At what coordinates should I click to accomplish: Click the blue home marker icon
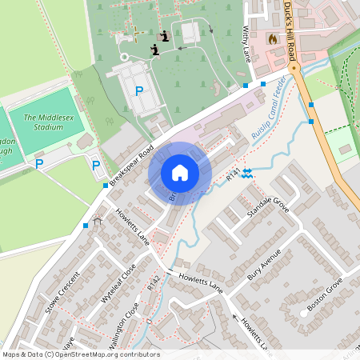point(180,173)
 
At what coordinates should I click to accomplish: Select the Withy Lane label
point(246,44)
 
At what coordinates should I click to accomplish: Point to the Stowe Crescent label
point(64,294)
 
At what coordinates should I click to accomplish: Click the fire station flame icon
point(272,38)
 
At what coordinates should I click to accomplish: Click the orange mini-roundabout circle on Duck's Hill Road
point(294,68)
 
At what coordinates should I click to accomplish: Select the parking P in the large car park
point(139,91)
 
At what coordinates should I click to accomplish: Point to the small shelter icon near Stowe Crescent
point(98,220)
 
